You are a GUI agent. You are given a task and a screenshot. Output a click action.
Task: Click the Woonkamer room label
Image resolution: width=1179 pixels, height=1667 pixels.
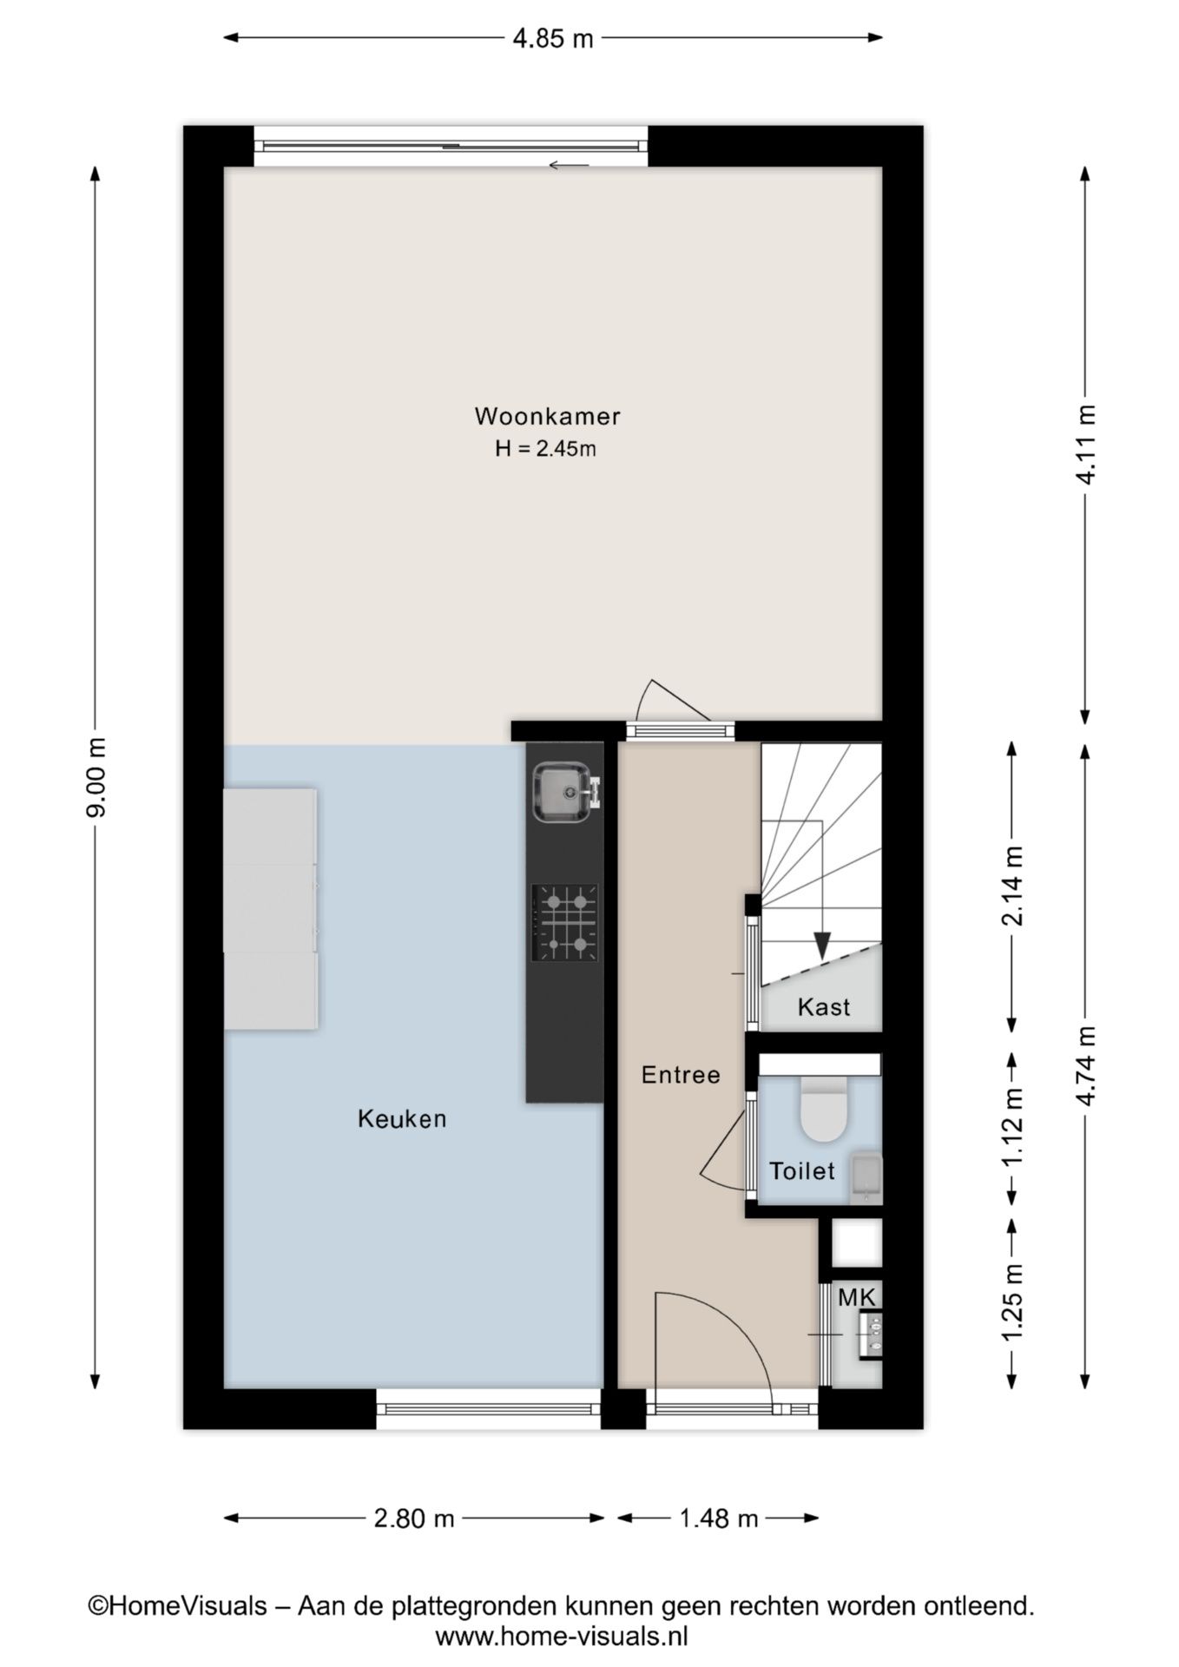(547, 416)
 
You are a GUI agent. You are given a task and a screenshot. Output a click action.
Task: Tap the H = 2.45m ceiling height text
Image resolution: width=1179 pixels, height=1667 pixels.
(545, 449)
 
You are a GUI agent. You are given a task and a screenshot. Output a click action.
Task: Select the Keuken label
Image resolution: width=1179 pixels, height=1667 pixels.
(402, 1118)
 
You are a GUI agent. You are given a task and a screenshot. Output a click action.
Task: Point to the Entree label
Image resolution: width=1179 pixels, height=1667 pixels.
(681, 1075)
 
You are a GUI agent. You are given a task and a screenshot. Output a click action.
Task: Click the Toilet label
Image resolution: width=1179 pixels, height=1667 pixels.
(802, 1170)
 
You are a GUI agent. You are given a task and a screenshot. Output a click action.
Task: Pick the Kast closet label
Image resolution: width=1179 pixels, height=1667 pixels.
(824, 1007)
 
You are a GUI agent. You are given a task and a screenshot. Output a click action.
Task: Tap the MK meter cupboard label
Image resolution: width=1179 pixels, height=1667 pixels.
(857, 1298)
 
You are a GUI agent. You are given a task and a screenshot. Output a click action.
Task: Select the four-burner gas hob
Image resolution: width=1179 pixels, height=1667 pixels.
(565, 922)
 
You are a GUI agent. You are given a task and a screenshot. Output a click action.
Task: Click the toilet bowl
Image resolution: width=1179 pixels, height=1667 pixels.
(823, 1109)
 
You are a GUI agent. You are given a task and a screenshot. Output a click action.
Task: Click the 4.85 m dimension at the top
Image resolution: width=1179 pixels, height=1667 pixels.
(553, 38)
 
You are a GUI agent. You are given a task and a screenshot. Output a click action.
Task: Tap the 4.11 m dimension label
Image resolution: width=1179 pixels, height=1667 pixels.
(1085, 444)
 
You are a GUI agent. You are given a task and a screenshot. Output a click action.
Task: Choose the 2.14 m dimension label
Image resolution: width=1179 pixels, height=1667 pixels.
(1012, 886)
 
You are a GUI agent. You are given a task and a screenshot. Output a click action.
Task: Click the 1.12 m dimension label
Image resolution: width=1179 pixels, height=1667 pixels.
(1012, 1128)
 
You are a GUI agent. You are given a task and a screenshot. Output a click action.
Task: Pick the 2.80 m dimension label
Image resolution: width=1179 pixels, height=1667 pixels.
(414, 1519)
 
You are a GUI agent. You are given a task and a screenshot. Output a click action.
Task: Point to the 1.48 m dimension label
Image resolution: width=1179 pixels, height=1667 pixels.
(718, 1519)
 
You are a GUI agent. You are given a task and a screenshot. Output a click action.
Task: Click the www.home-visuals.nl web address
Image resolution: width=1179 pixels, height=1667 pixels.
(562, 1637)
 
